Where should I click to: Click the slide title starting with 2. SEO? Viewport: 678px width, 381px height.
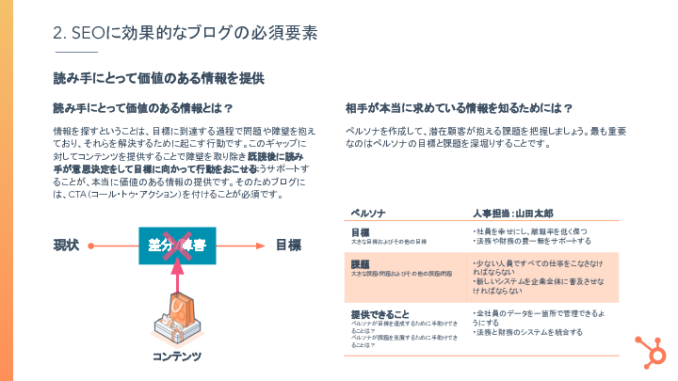click(x=185, y=32)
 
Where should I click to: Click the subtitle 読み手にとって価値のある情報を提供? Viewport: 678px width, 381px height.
click(x=157, y=78)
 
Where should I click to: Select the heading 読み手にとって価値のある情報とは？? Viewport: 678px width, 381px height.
click(x=143, y=107)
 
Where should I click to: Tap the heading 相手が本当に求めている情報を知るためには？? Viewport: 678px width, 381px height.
click(x=460, y=107)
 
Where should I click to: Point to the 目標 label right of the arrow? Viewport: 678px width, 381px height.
click(x=288, y=246)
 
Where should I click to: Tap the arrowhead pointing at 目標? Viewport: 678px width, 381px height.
click(x=259, y=246)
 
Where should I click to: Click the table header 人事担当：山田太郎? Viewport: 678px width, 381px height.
click(x=514, y=213)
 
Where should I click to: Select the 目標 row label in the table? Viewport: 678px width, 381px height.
click(x=360, y=231)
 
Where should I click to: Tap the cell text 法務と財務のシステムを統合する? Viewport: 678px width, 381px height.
click(x=527, y=332)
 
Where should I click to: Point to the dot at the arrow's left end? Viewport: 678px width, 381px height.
click(x=88, y=246)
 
